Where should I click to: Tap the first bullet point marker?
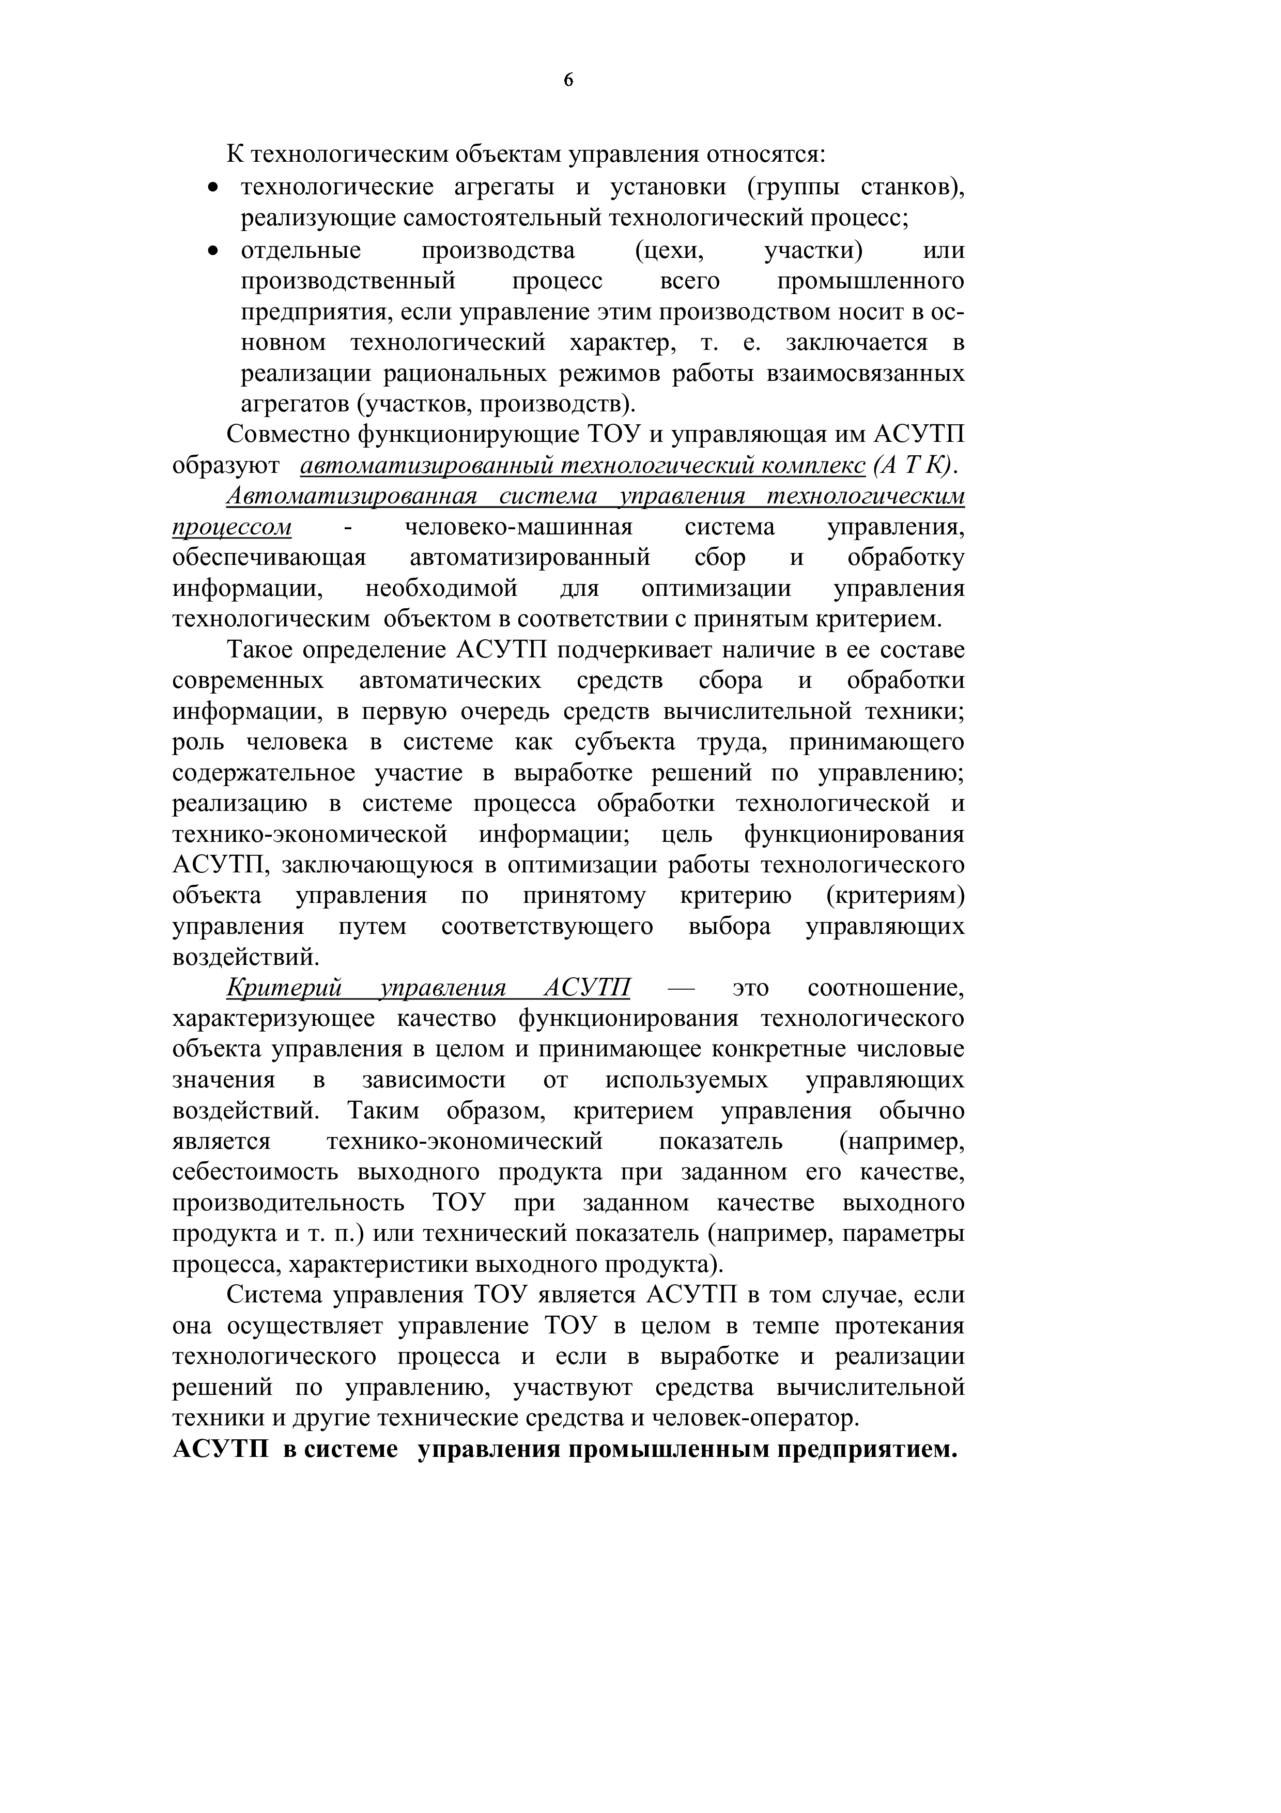[x=211, y=189]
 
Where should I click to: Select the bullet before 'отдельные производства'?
[x=211, y=251]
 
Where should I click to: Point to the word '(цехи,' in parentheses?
[x=669, y=251]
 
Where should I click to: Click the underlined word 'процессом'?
[x=231, y=528]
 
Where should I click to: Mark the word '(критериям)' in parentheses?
[x=895, y=896]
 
